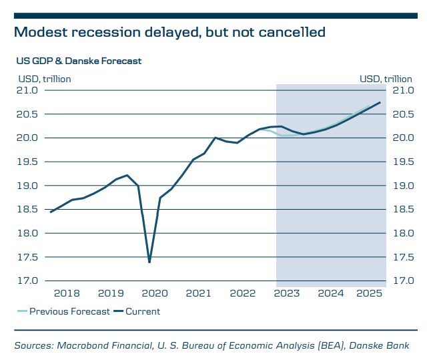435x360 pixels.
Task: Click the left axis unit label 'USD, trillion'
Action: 44,79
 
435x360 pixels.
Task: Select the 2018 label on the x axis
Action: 67,293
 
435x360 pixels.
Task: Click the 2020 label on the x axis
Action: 155,293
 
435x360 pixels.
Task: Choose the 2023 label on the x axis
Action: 287,293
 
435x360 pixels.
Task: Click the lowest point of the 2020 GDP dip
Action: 149,262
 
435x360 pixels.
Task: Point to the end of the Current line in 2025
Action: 380,102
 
